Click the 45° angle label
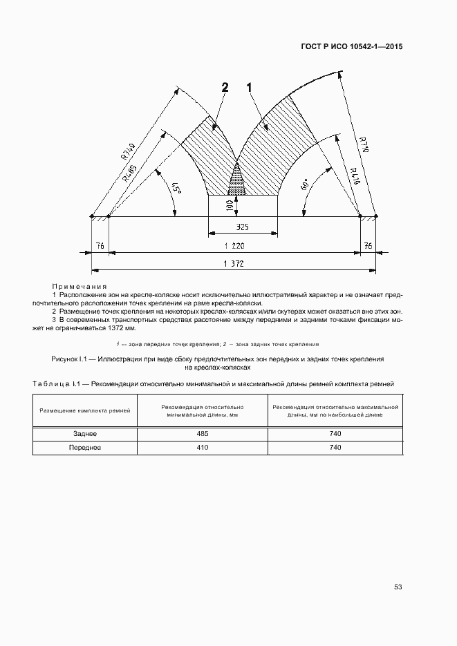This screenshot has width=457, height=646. click(176, 189)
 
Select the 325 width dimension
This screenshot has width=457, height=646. click(243, 227)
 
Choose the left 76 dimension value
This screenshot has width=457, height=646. click(100, 245)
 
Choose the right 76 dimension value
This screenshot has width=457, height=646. click(367, 245)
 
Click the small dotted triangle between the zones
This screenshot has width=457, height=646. click(236, 181)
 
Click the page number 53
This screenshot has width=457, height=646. click(398, 587)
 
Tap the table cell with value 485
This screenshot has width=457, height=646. click(201, 434)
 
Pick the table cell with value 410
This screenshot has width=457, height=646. click(201, 448)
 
